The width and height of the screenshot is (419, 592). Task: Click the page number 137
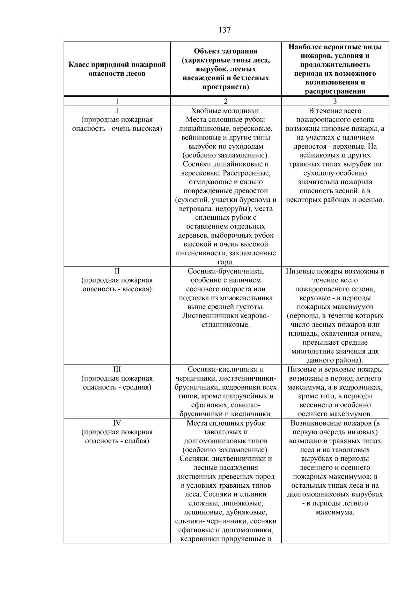pos(225,30)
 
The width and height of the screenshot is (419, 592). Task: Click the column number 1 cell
pos(117,102)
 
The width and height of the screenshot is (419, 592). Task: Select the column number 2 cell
pos(226,102)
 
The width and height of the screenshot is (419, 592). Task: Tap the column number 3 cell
pos(335,102)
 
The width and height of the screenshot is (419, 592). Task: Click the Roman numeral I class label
pos(117,111)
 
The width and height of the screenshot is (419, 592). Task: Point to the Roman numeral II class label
pos(117,271)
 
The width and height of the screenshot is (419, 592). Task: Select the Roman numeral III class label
pos(117,369)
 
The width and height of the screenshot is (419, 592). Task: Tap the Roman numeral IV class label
pos(117,423)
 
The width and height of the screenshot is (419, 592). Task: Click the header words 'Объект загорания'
pos(226,51)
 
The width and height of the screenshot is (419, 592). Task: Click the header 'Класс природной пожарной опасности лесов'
pos(117,69)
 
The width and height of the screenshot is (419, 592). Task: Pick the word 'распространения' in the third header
pos(335,91)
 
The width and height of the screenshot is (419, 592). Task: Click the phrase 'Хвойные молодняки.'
pos(226,111)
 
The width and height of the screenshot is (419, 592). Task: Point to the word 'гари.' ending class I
pos(226,262)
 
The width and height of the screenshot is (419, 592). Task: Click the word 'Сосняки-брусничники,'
pos(226,271)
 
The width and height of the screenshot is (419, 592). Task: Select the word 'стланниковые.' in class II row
pos(226,325)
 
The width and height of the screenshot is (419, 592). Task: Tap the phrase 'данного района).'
pos(335,360)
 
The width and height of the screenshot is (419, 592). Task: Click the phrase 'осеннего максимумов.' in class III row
pos(335,414)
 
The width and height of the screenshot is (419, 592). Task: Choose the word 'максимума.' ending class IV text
pos(335,512)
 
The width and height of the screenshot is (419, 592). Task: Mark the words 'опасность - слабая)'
pos(117,441)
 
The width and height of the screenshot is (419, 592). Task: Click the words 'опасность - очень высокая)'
pos(117,129)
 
